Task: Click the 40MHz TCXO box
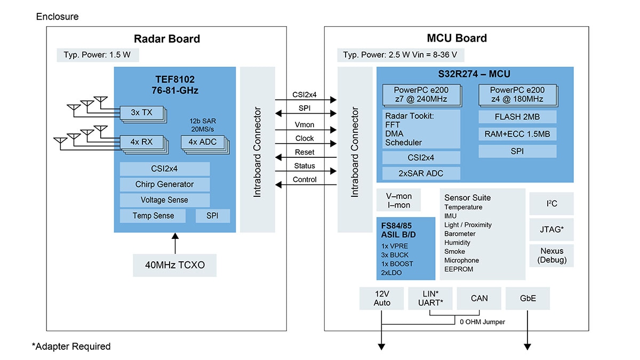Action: (174, 265)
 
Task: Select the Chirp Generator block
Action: (164, 185)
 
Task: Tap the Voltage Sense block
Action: (164, 200)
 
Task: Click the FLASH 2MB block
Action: (517, 117)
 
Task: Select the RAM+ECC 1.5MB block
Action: (517, 134)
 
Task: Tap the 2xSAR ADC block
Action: (421, 173)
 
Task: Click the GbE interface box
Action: (527, 299)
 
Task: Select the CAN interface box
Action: (479, 299)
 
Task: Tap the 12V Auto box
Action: (382, 299)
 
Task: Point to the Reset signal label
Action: (305, 152)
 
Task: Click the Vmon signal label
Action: (305, 124)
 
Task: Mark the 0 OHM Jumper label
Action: (482, 322)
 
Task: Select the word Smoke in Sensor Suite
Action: (454, 252)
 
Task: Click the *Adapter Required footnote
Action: (71, 347)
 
